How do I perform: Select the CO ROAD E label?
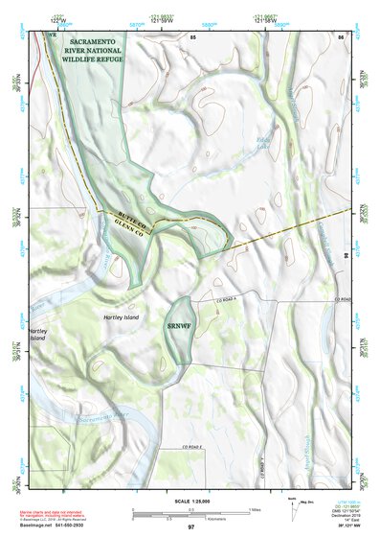point(196,449)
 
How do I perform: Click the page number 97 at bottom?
point(190,528)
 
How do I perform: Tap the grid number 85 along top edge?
point(192,36)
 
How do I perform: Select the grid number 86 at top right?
point(340,36)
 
